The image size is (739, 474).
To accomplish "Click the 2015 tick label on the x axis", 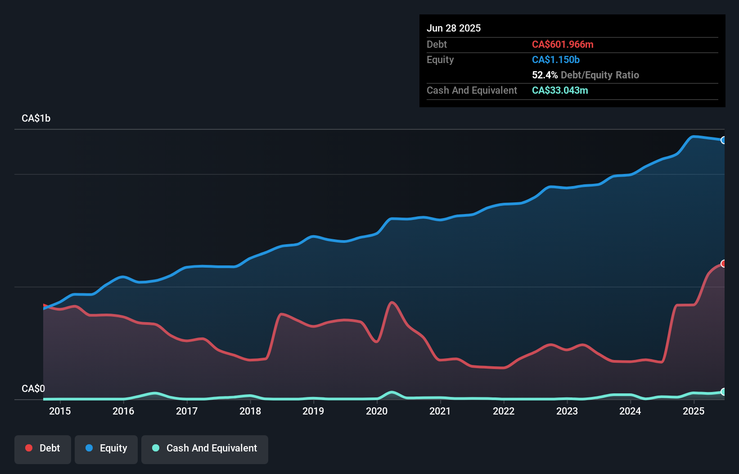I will pos(60,411).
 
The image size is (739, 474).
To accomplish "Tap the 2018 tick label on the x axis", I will pos(250,411).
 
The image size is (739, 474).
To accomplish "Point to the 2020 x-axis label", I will pos(377,411).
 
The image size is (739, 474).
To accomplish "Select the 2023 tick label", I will pos(567,411).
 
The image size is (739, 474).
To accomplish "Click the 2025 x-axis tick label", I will pos(694,411).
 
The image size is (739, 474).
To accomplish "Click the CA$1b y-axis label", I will pos(36,118).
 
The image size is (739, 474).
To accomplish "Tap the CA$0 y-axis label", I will pos(33,388).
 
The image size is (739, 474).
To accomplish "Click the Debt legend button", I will pos(43,448).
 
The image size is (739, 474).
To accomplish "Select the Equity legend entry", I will pos(106,448).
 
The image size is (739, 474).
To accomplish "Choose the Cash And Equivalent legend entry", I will pos(205,448).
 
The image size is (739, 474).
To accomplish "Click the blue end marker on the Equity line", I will pos(723,140).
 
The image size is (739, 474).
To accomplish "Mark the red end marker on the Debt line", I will pos(723,264).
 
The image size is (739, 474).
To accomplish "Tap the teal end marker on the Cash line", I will pos(723,392).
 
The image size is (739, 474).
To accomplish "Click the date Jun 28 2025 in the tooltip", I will pos(454,28).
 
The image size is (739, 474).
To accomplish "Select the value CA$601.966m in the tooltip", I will pos(563,44).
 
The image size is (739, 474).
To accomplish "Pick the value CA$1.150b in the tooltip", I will pos(556,59).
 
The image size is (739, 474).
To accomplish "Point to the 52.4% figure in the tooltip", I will pos(545,75).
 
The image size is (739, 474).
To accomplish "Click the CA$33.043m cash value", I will pos(560,90).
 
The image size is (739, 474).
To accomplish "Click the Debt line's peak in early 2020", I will pos(392,302).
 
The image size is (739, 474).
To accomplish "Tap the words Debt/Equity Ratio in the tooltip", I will pos(600,75).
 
